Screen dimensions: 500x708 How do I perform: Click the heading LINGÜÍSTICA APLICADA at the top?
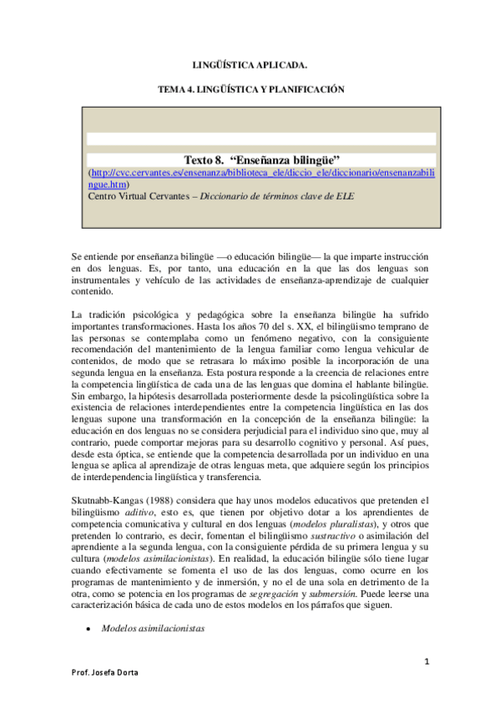tap(250, 64)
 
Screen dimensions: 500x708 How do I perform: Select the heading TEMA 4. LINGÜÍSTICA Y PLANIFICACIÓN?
tap(250, 89)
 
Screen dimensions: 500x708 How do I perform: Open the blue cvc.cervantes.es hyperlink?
tap(260, 172)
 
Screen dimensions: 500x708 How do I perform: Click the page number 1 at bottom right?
tap(426, 661)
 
